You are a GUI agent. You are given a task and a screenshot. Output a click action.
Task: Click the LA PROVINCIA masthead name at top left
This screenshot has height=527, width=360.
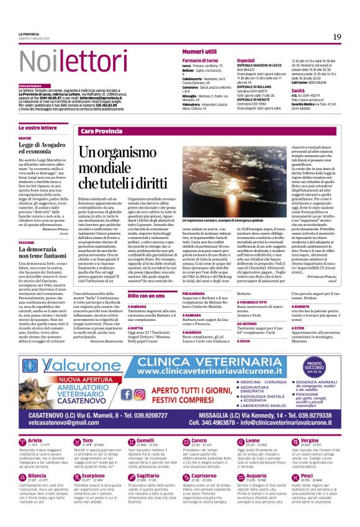point(29,34)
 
